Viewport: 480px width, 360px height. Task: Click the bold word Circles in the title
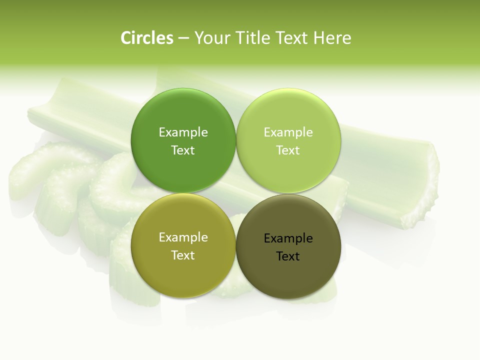pyautogui.click(x=147, y=38)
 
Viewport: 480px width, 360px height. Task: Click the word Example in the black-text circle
pyautogui.click(x=288, y=238)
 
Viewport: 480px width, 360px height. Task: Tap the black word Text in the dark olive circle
pyautogui.click(x=288, y=256)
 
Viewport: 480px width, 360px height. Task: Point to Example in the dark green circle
pyautogui.click(x=183, y=132)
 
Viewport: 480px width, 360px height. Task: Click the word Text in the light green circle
pyautogui.click(x=288, y=150)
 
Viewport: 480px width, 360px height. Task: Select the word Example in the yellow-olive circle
pyautogui.click(x=183, y=237)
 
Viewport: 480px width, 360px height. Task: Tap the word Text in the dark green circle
pyautogui.click(x=183, y=150)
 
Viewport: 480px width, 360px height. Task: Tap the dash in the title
pyautogui.click(x=183, y=38)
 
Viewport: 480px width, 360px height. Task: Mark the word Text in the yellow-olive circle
pyautogui.click(x=183, y=255)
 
